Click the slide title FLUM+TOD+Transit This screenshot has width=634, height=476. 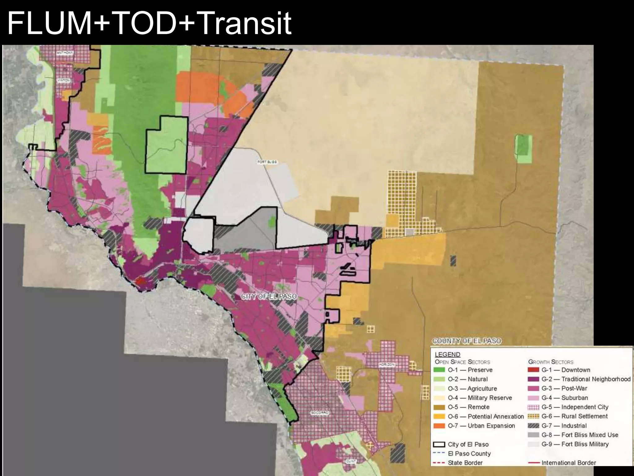coord(149,23)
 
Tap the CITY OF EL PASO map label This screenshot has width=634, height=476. coord(269,297)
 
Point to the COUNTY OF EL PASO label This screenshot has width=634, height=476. coord(467,341)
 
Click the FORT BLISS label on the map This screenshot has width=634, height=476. coord(267,162)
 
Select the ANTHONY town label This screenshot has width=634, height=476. coord(65,53)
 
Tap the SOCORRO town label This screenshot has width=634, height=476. coord(319,413)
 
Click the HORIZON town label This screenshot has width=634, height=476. coord(387,364)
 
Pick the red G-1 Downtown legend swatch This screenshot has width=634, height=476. coord(533,370)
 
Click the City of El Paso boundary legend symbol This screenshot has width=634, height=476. coord(439,444)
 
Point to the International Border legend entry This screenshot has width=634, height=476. coord(568,463)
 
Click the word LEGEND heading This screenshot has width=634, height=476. coord(447,354)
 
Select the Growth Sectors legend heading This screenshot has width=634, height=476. coord(550,362)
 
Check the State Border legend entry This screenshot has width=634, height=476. coord(465,463)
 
